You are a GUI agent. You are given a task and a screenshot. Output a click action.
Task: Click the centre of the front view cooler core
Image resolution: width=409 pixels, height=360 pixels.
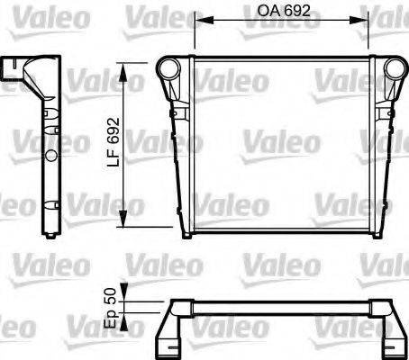pyautogui.click(x=278, y=144)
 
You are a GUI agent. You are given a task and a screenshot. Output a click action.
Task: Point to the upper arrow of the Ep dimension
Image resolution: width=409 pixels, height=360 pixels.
pyautogui.click(x=125, y=285)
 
